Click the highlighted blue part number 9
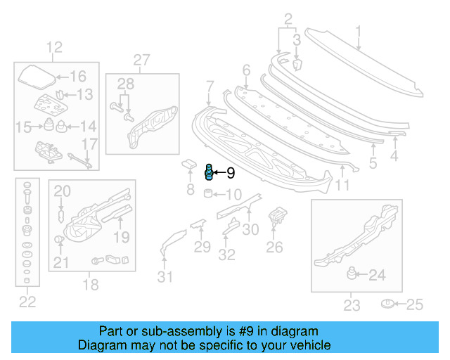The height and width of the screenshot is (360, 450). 209,171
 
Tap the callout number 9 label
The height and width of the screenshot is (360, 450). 230,172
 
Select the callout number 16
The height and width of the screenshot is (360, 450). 77,77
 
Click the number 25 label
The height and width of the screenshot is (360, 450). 416,304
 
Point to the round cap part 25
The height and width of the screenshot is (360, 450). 386,304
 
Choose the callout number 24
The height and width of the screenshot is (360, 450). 377,276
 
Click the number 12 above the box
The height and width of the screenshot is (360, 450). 55,48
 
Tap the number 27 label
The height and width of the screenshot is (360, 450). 142,60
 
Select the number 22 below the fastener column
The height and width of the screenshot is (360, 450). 27,302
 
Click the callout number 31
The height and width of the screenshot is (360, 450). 165,276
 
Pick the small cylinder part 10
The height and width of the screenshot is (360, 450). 209,193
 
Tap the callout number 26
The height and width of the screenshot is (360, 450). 274,247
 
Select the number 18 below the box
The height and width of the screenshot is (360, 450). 91,285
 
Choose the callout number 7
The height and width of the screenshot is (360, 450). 209,86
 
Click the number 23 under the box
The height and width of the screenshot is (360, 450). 351,304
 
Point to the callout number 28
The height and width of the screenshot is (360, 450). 124,84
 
